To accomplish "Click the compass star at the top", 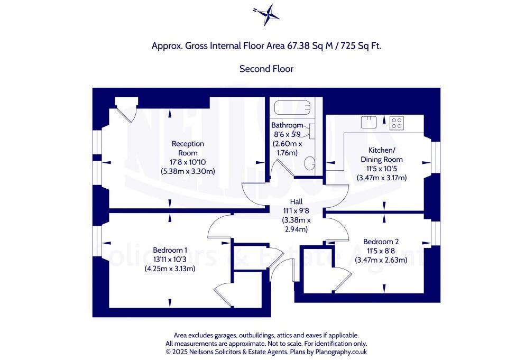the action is coord(266,14).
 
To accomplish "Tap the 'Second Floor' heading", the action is coord(266,69).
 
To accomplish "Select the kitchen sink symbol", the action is coord(368,122).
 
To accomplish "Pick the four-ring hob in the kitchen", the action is coord(397,123).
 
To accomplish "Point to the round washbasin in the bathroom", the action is coord(310,163).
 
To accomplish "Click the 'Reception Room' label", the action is coord(188,148).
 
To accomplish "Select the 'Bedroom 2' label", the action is coord(381,242).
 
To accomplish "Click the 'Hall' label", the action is coord(296,201).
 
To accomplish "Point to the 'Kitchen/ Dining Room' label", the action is coord(382,155).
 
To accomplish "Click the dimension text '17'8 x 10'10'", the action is coord(188,162).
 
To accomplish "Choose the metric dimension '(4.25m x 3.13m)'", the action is coord(170,269).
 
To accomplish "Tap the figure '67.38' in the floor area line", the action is coord(299,46).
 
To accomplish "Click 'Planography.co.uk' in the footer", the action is coord(341,352).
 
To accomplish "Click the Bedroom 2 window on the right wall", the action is coord(436,233).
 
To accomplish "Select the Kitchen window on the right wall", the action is coord(436,157).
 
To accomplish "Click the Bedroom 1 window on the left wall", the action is coord(97,241).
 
